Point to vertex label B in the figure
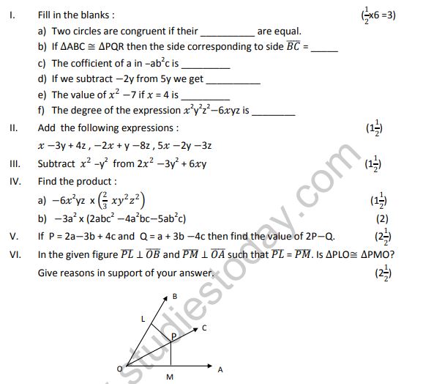pyautogui.click(x=174, y=296)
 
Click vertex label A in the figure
pyautogui.click(x=220, y=370)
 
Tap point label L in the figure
pyautogui.click(x=143, y=320)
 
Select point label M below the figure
pyautogui.click(x=169, y=378)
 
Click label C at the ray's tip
pyautogui.click(x=203, y=328)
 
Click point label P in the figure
pyautogui.click(x=173, y=336)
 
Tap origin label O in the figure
pyautogui.click(x=119, y=369)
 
